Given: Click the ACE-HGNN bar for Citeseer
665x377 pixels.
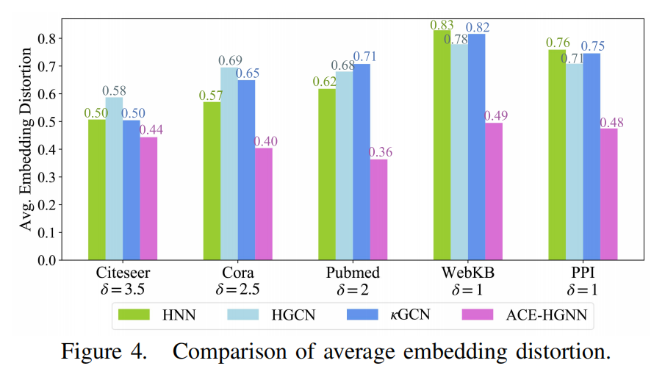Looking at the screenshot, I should [148, 198].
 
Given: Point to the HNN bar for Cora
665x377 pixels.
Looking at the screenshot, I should [212, 180].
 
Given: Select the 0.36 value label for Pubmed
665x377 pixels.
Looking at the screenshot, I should [379, 152].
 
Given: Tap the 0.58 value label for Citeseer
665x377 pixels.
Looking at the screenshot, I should [115, 90].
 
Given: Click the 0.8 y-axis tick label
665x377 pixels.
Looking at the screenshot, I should [47, 39].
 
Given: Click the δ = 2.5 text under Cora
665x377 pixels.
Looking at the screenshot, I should [237, 289].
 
